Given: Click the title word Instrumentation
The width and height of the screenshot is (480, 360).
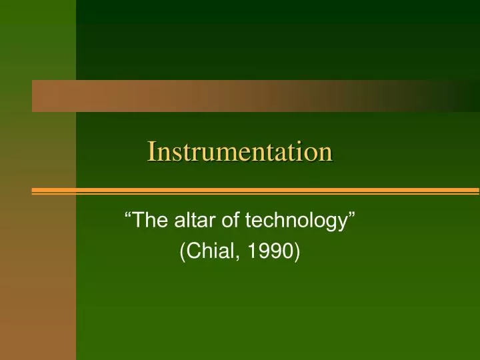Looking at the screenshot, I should [240, 151].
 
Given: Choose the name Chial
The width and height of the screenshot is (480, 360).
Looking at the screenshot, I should [212, 251].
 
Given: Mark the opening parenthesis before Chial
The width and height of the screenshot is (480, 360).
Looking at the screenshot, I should [183, 251].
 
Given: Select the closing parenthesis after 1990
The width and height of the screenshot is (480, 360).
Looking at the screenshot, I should [297, 251].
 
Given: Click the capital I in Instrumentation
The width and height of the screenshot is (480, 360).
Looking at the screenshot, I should [151, 151].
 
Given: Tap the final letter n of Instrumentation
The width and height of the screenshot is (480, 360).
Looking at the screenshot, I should [326, 154].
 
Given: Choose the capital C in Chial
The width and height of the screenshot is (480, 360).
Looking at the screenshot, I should [194, 251].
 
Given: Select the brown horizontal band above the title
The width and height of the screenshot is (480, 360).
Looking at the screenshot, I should [253, 96].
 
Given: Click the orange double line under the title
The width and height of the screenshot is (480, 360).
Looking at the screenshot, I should [253, 191].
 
